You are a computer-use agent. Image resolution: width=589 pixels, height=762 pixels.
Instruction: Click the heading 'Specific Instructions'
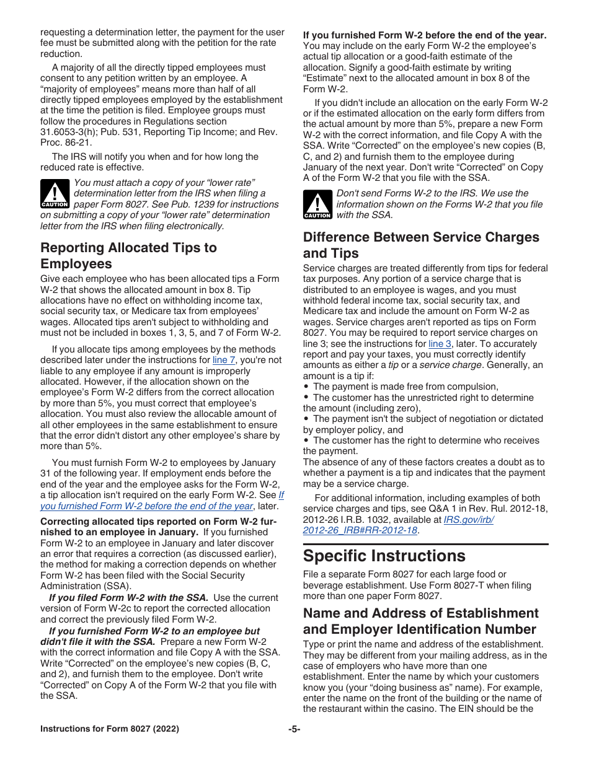tap(384, 555)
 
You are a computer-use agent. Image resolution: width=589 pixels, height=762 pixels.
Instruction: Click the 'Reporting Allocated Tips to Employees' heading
tap(128, 256)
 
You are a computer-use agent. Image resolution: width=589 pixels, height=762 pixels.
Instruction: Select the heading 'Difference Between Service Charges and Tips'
tap(421, 245)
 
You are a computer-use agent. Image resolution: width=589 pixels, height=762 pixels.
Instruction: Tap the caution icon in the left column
tap(55, 193)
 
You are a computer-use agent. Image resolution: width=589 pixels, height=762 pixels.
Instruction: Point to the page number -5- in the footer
tap(294, 729)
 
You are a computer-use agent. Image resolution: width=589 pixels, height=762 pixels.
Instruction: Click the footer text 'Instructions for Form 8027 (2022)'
tap(110, 729)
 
